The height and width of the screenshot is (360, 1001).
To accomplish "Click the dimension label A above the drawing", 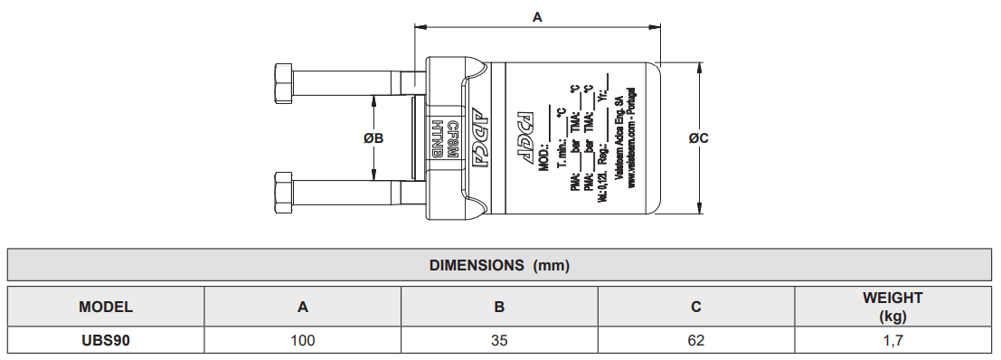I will (x=537, y=16).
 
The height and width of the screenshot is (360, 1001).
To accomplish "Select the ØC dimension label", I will (x=698, y=138).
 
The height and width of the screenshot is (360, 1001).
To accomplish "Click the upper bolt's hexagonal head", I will (x=284, y=85).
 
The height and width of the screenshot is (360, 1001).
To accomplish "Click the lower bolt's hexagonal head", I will (x=284, y=192).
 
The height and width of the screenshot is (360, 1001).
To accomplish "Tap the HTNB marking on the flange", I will (x=438, y=138).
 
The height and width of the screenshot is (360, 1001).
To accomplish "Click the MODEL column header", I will (x=106, y=307).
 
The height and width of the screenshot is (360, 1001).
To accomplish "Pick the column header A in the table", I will (x=303, y=307).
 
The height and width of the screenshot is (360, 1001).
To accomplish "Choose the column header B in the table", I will (x=499, y=307).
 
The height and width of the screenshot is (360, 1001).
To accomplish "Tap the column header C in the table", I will (x=695, y=307).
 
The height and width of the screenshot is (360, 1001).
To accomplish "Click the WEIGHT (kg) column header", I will (x=892, y=307).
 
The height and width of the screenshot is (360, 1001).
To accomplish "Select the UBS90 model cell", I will (x=106, y=340).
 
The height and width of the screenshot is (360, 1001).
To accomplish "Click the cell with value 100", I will (x=303, y=340).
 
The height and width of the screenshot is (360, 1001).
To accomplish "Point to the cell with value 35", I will (x=499, y=340).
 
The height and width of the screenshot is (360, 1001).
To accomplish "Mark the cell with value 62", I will (x=695, y=340).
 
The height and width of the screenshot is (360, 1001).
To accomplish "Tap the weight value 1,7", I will (x=892, y=340).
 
